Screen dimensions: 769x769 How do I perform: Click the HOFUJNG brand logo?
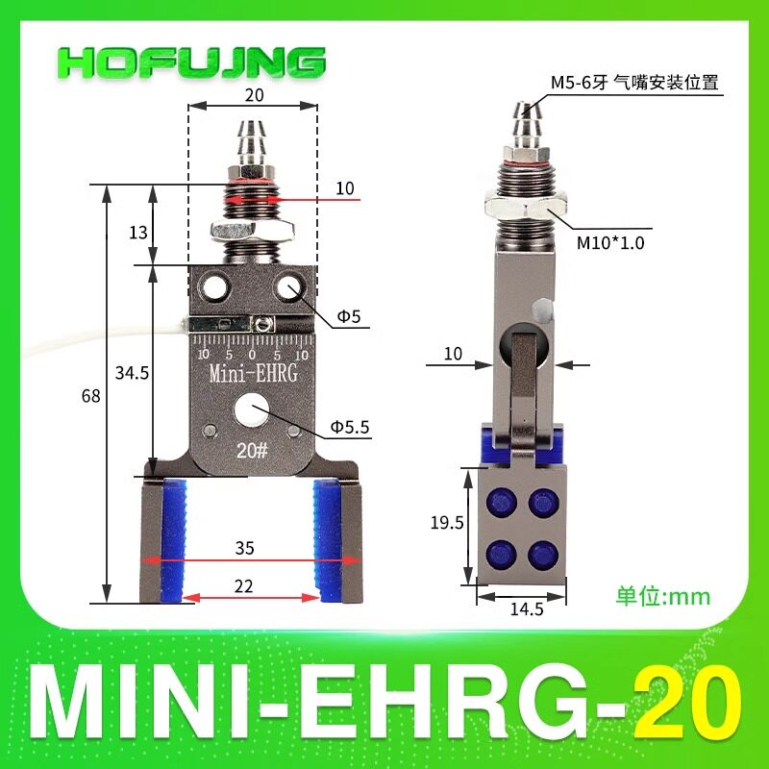click(190, 62)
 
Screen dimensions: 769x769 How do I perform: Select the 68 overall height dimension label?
click(90, 395)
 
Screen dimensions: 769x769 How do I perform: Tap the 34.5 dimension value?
click(132, 373)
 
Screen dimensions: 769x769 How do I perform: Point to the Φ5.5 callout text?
click(350, 427)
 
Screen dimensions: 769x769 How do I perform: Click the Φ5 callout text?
click(349, 316)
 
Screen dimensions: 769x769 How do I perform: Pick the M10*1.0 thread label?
click(610, 242)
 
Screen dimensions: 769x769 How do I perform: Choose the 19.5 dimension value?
click(447, 522)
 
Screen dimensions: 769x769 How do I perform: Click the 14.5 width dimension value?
click(527, 608)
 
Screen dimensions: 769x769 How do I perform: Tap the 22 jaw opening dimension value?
click(244, 585)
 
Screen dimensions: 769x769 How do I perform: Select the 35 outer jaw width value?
click(244, 547)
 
